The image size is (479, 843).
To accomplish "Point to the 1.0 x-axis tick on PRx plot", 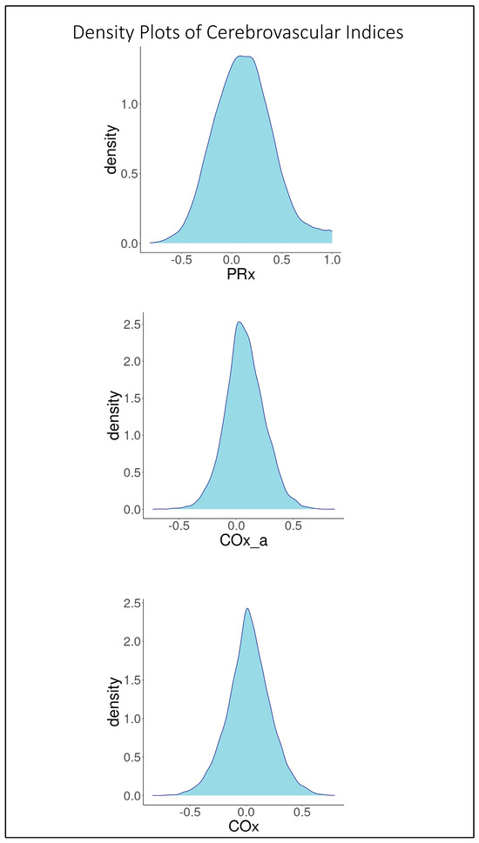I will tap(332, 259).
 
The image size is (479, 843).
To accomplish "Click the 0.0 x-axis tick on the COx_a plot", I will tap(236, 526).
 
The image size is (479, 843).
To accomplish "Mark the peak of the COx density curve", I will tap(247, 608).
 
